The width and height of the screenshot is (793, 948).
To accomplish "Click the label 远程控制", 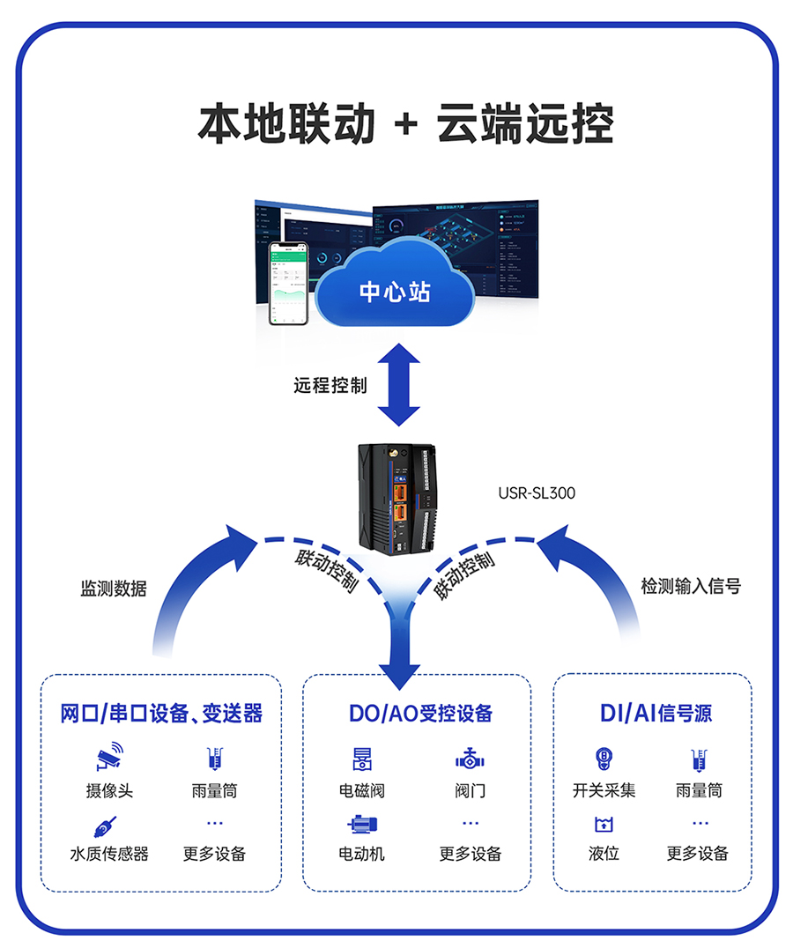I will pyautogui.click(x=330, y=385).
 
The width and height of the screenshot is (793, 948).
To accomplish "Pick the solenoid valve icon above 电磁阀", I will pyautogui.click(x=362, y=759).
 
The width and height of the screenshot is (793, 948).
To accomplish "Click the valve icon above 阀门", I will pyautogui.click(x=470, y=759).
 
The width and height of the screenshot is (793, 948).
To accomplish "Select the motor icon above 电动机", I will pyautogui.click(x=362, y=826).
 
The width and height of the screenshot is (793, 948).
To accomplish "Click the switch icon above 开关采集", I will pyautogui.click(x=604, y=759).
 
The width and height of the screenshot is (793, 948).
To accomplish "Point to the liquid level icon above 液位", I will pyautogui.click(x=604, y=826).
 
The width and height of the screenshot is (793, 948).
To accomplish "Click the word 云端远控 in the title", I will pyautogui.click(x=525, y=124).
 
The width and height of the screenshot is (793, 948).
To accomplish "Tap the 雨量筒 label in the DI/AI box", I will pyautogui.click(x=699, y=790).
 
